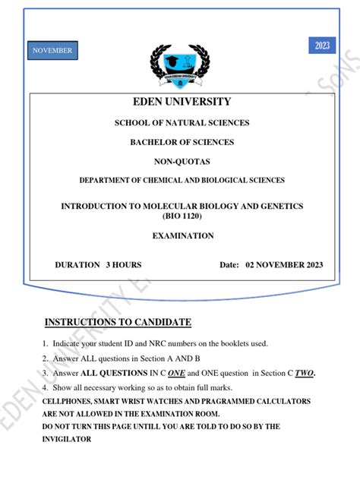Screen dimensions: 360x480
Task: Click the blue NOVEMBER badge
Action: (x=52, y=51)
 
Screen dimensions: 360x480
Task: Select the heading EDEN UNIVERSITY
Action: (x=182, y=102)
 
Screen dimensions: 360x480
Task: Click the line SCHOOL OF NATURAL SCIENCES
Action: (x=182, y=123)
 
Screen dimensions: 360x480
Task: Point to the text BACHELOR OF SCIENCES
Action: (x=182, y=142)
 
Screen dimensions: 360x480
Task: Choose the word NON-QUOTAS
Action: (x=182, y=161)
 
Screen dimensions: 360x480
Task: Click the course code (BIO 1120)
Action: (x=182, y=216)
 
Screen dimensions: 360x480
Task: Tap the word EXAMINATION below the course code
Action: (x=182, y=236)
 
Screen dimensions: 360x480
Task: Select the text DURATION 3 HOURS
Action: (x=98, y=264)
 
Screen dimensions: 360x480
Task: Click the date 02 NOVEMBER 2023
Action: (x=282, y=264)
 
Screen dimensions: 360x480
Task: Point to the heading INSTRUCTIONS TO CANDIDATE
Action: (x=118, y=322)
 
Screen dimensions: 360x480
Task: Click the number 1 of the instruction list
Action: (x=45, y=344)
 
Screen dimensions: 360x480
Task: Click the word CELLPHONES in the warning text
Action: (x=68, y=401)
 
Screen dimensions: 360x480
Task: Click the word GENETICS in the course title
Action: (x=281, y=207)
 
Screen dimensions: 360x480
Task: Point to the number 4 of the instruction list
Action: (x=45, y=387)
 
